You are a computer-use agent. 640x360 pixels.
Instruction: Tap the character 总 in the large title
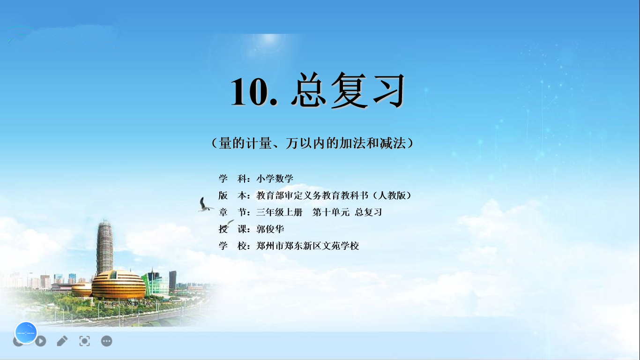pyautogui.click(x=309, y=90)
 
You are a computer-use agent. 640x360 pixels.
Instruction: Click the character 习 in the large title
pyautogui.click(x=389, y=90)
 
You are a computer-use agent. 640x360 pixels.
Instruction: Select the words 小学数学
pyautogui.click(x=275, y=179)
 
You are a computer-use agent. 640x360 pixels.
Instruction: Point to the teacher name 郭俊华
pyautogui.click(x=270, y=229)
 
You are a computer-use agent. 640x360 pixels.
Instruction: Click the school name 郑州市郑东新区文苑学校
pyautogui.click(x=307, y=246)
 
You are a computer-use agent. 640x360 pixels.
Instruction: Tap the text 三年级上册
pyautogui.click(x=279, y=212)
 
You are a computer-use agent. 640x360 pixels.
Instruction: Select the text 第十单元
pyautogui.click(x=331, y=212)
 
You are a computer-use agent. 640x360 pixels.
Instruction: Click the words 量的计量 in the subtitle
pyautogui.click(x=245, y=143)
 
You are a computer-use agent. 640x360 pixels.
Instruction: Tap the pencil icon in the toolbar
pyautogui.click(x=62, y=341)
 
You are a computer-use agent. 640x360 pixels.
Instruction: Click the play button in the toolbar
pyautogui.click(x=41, y=341)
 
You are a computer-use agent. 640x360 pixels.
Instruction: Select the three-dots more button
pyautogui.click(x=106, y=341)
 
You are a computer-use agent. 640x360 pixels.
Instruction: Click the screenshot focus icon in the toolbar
pyautogui.click(x=85, y=341)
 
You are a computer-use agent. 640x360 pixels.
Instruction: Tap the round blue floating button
pyautogui.click(x=26, y=333)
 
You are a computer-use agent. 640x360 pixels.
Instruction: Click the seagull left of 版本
pyautogui.click(x=205, y=204)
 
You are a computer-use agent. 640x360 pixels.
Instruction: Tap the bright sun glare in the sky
pyautogui.click(x=268, y=43)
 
